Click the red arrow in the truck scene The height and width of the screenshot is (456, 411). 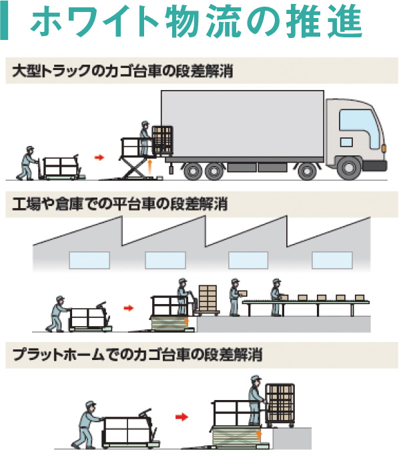[99, 157]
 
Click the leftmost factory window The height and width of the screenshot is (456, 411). [89, 259]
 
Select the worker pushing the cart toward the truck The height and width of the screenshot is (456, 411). [28, 162]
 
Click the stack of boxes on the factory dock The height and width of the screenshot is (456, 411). [208, 299]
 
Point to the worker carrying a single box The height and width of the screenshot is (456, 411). [235, 297]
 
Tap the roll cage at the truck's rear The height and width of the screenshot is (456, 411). [162, 141]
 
